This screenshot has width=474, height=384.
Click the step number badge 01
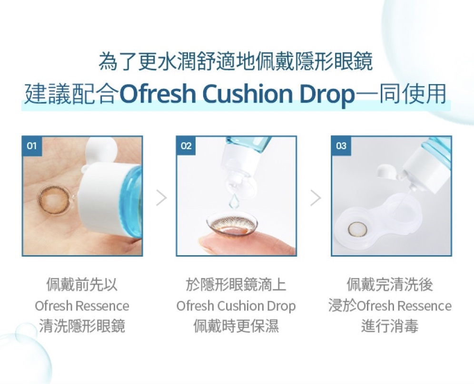[x=31, y=146]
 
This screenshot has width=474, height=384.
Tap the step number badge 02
[x=186, y=146]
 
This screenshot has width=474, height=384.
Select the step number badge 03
[x=341, y=146]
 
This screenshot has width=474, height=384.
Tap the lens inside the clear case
[x=355, y=229]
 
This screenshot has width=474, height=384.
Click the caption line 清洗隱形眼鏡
[x=82, y=326]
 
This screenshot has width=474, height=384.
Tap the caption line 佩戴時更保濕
[x=236, y=326]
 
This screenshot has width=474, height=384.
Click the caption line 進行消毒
[x=390, y=326]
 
